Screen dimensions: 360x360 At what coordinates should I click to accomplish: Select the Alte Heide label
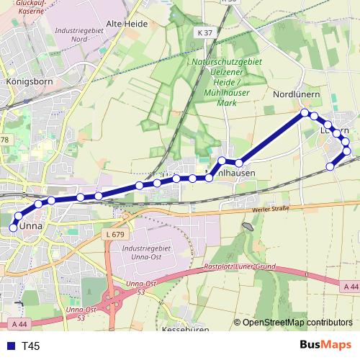pos(127,24)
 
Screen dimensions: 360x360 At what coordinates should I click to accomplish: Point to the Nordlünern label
pos(296,94)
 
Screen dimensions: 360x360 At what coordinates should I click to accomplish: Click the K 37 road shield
pos(205,32)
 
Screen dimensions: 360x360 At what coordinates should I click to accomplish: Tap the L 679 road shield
pos(114,235)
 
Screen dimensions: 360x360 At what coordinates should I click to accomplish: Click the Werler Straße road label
pos(270,210)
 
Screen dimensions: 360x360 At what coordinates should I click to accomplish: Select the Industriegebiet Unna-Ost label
pos(145,253)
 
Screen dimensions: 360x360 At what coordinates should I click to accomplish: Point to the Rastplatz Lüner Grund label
pos(239,267)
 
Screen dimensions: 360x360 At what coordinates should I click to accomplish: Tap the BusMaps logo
pos(326,346)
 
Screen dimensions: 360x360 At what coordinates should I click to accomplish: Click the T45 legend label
pos(30,346)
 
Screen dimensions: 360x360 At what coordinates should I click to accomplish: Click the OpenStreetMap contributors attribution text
pos(297,323)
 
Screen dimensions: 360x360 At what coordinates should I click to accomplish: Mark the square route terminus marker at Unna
pos(12,228)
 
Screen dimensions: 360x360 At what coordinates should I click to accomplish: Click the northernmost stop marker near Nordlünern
pos(305,112)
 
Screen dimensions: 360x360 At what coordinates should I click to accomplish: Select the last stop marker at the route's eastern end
pos(330,167)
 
